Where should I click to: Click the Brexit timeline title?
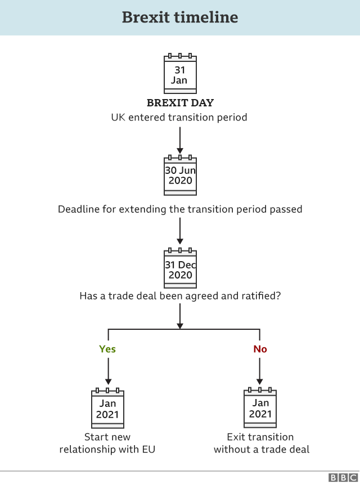(180, 17)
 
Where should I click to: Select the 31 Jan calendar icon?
(180, 73)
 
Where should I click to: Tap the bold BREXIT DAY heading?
(180, 103)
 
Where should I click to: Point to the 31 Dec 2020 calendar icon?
(180, 268)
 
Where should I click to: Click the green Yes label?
(107, 349)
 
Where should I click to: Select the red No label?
(260, 349)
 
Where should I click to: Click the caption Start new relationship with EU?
(107, 443)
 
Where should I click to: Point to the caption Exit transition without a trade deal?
(260, 443)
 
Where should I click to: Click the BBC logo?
(342, 478)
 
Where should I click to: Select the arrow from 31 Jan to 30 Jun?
(180, 140)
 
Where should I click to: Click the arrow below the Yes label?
(107, 372)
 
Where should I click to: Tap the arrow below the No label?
(260, 372)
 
